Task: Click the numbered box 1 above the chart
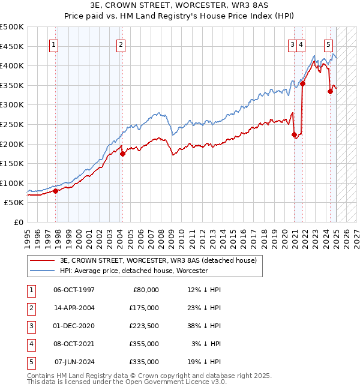(54, 44)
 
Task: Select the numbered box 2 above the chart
(121, 44)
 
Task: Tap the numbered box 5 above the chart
(329, 44)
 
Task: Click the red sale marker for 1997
(56, 191)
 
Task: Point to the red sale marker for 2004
(122, 154)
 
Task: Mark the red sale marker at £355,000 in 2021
(303, 83)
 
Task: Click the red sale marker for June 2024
(330, 91)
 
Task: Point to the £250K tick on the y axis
(13, 124)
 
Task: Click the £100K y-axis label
(13, 183)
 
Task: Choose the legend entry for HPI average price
(133, 271)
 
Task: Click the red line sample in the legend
(41, 260)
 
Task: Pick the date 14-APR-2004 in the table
(74, 307)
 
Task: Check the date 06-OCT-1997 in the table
(74, 289)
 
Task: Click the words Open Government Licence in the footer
(170, 382)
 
